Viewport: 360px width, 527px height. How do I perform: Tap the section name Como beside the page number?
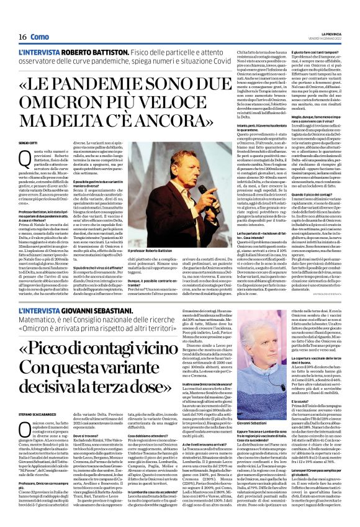click(x=40, y=38)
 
